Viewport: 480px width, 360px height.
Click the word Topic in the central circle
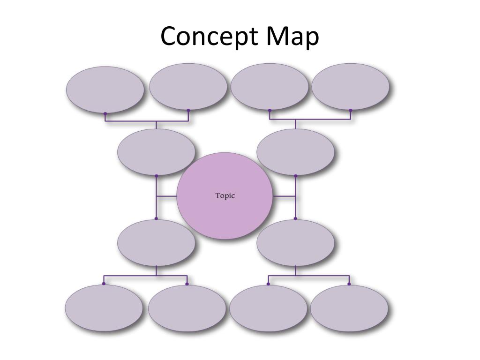pos(225,196)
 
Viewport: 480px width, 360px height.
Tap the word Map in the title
pos(292,37)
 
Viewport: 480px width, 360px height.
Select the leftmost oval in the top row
pos(105,89)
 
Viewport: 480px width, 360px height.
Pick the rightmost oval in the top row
pos(350,87)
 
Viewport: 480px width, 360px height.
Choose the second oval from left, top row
pos(188,87)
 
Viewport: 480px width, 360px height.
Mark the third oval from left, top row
pos(270,87)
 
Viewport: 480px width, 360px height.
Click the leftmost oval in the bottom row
pos(104,308)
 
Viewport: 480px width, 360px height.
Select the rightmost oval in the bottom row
pos(349,308)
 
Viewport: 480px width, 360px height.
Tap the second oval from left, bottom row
pos(187,308)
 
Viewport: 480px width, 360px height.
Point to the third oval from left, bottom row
pos(268,308)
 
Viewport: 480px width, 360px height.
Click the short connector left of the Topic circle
pos(166,196)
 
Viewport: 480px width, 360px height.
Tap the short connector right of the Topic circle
pos(284,196)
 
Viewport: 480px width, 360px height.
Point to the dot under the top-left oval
pos(105,113)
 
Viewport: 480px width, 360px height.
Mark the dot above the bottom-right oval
pos(349,284)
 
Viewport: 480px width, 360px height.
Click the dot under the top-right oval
pos(350,111)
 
